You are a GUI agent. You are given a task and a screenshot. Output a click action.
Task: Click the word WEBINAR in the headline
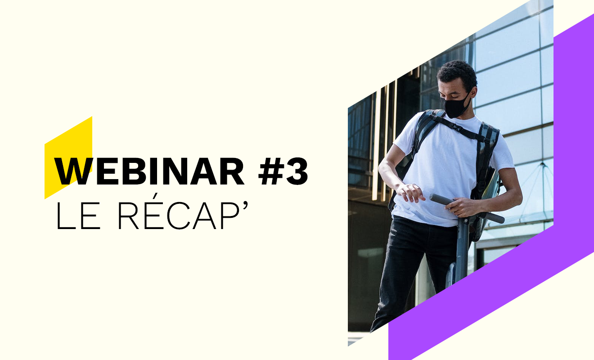[x=149, y=171]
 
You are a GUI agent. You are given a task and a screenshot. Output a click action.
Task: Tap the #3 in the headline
[x=283, y=171]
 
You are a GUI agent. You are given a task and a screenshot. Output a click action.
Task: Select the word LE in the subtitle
[x=78, y=216]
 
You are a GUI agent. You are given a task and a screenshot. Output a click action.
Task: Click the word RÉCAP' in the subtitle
[x=183, y=212]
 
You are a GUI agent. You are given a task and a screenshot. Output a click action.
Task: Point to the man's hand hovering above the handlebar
[x=410, y=192]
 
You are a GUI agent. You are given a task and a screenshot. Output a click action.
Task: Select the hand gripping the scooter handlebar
[x=462, y=207]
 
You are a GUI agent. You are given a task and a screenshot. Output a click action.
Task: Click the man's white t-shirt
[x=448, y=170]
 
